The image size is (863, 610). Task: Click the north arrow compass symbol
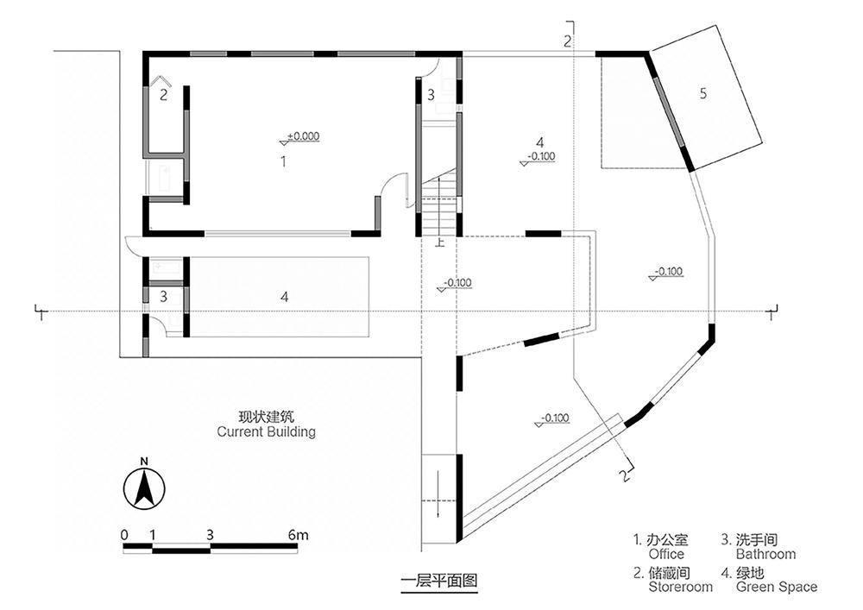click(x=144, y=486)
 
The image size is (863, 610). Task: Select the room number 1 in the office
click(x=283, y=161)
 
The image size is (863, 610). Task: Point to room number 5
click(x=702, y=93)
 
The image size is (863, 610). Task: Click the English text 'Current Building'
click(x=267, y=431)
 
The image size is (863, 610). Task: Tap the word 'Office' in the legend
click(x=666, y=554)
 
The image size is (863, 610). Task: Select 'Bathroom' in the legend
click(x=765, y=554)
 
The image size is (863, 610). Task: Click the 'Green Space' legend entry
click(x=777, y=587)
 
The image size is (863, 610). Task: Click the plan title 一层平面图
click(x=438, y=581)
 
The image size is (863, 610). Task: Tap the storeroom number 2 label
click(x=163, y=95)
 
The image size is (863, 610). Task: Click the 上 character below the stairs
click(x=440, y=242)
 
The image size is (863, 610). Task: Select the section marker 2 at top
click(x=568, y=40)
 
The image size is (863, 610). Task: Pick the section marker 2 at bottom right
click(x=624, y=475)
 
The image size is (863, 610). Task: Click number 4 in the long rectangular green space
click(x=284, y=297)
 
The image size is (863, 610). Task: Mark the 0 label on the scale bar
click(x=124, y=535)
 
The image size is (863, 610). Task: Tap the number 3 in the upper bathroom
click(x=431, y=95)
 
